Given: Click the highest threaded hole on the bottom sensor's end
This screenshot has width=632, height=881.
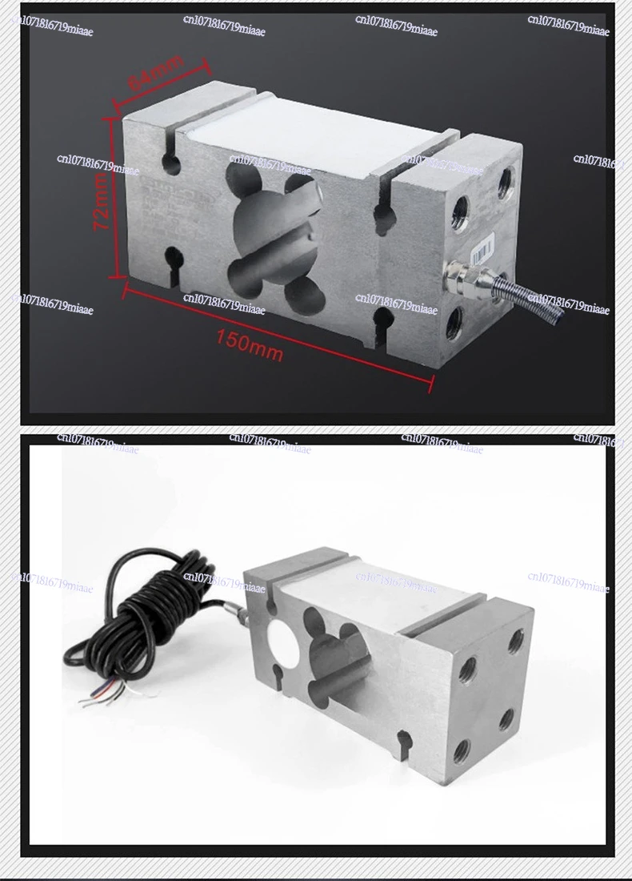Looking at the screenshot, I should [x=517, y=641].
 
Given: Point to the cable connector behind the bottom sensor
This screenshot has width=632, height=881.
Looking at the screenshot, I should [x=239, y=613].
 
